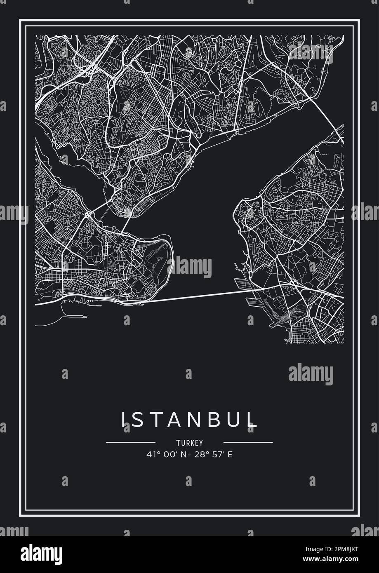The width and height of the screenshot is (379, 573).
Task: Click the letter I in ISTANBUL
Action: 122,419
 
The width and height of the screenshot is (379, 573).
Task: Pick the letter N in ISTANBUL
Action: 200,419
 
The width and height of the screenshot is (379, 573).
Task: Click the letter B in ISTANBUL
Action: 220,419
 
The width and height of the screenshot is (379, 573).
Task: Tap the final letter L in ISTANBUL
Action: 254,419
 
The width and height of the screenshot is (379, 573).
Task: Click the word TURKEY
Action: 189,443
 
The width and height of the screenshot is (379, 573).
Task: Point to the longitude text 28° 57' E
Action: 214,455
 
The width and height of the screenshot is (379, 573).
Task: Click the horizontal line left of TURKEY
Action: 125,442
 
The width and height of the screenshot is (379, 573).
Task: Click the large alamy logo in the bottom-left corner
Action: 37,553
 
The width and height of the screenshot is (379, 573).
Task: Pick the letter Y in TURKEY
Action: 201,443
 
